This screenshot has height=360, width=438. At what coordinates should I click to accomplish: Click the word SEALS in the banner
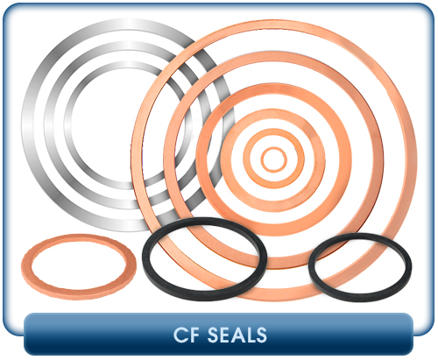237,335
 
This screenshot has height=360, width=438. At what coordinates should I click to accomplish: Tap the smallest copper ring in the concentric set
273,149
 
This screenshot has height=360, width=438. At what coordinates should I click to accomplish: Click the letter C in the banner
179,335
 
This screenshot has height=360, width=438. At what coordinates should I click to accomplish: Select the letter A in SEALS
238,335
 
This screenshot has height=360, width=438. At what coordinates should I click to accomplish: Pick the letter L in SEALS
250,335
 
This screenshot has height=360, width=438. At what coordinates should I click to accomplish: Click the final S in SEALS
261,335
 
